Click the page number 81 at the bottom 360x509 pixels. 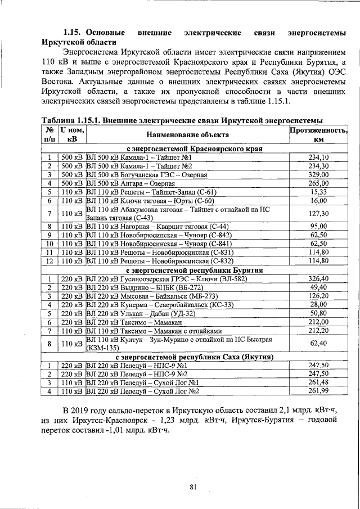click(193, 487)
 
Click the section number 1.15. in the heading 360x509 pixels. click(74, 33)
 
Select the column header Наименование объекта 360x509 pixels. click(187, 135)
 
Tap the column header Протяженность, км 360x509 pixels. click(318, 135)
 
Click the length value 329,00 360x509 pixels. click(318, 175)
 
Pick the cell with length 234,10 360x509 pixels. click(318, 157)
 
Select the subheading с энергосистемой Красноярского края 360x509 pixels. click(195, 149)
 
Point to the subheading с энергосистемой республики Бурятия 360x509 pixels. click(195, 270)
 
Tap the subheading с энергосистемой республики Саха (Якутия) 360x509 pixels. click(195, 357)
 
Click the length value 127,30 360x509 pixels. click(318, 213)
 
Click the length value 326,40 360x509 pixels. click(318, 278)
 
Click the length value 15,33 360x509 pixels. click(318, 192)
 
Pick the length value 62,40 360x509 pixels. click(318, 343)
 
